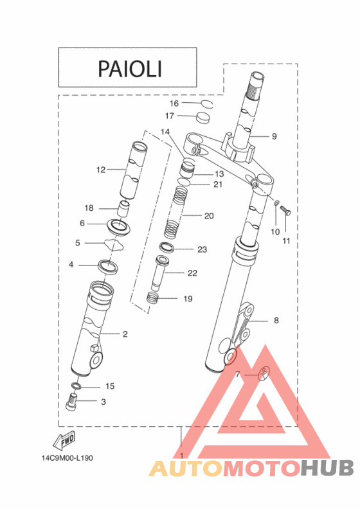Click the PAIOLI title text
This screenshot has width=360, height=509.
tap(129, 68)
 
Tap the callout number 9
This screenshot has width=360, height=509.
tap(274, 136)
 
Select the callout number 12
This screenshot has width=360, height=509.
tap(100, 170)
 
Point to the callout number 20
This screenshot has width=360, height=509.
tap(208, 216)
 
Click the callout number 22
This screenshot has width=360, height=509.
tap(192, 273)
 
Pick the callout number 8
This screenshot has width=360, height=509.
tap(276, 320)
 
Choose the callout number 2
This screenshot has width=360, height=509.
tap(125, 334)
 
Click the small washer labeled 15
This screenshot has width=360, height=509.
tap(76, 386)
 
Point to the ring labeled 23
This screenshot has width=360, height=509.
tap(166, 248)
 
